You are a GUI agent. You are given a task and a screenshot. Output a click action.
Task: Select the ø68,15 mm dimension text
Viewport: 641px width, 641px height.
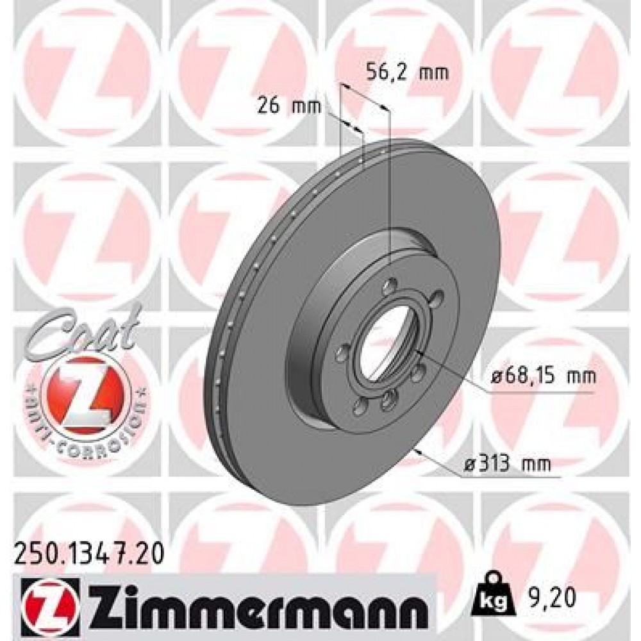point(544,376)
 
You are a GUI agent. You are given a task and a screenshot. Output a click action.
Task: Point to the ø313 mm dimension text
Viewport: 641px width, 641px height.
point(506,463)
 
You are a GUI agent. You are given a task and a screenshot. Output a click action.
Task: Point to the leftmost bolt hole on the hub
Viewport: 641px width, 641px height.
point(344,349)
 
